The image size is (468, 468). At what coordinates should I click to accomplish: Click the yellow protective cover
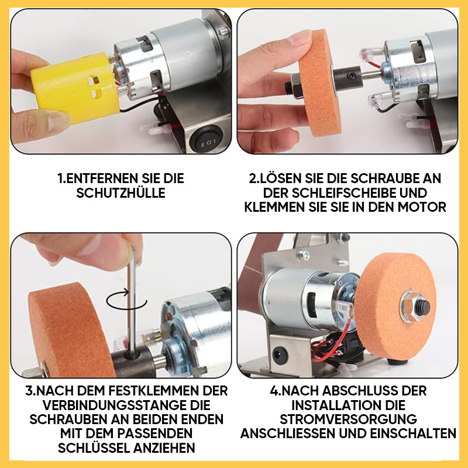tap(75, 88)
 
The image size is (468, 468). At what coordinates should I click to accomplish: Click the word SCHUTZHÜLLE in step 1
tap(121, 193)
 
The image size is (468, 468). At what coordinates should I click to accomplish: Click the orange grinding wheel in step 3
tap(71, 330)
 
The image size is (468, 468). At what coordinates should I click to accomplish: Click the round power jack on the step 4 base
tap(280, 355)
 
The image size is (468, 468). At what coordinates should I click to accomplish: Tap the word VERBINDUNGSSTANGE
tap(126, 405)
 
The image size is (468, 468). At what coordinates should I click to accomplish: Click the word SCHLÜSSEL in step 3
tap(94, 448)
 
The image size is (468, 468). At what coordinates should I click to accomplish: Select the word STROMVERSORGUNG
tap(348, 419)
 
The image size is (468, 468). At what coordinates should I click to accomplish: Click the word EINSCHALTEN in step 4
tap(413, 433)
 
